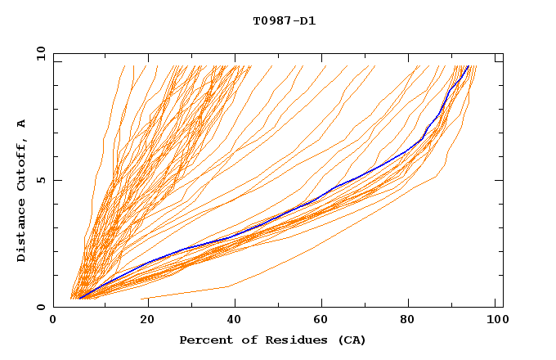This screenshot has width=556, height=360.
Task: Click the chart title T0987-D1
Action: coord(284,20)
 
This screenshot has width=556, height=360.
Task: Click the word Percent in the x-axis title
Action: coord(202,340)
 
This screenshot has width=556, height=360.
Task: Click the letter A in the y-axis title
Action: coord(22,124)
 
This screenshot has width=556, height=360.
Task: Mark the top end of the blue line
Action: coord(468,68)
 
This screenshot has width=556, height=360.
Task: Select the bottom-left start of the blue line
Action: coord(79,299)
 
